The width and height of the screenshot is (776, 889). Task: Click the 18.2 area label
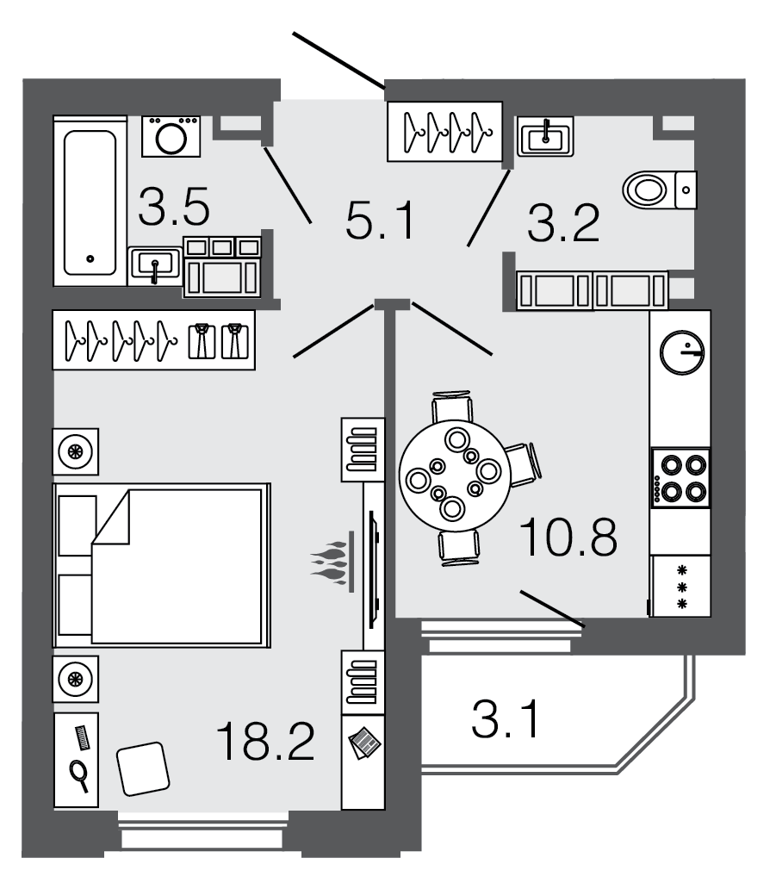(264, 741)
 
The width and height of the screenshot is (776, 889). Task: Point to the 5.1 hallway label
(379, 222)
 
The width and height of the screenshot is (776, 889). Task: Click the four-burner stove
(680, 477)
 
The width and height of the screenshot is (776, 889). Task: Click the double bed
(161, 564)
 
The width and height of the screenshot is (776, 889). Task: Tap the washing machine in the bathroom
(171, 136)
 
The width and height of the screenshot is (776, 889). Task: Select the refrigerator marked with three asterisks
(680, 586)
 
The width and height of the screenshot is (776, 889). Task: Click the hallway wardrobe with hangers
(444, 131)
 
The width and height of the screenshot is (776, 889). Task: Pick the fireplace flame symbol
(332, 564)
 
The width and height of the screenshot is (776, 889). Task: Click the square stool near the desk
(141, 769)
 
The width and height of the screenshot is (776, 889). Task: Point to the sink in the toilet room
(545, 136)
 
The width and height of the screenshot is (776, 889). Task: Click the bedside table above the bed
(76, 451)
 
